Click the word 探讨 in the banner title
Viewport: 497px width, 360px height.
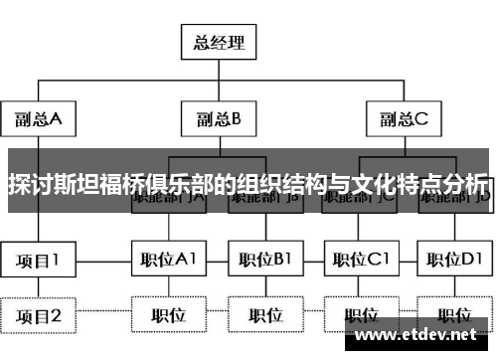[x=29, y=185]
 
